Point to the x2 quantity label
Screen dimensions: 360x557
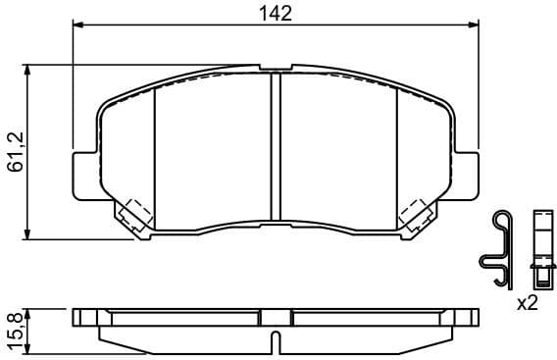[529, 303]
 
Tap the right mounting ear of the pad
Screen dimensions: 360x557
[470, 174]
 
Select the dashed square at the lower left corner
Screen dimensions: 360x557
[132, 213]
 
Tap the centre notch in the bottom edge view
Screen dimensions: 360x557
[276, 340]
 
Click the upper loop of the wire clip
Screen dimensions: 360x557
[501, 221]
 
